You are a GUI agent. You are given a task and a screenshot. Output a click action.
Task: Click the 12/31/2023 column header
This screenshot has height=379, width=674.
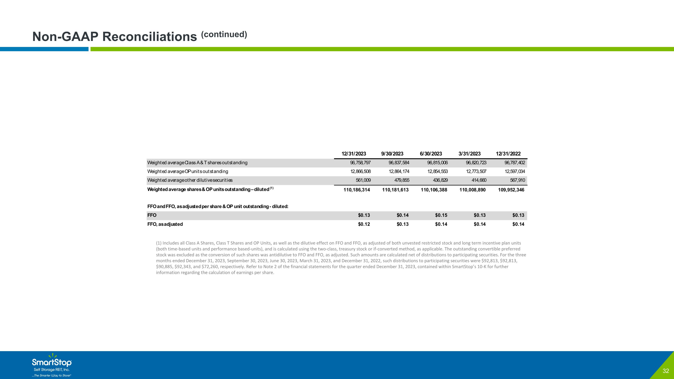[354, 154]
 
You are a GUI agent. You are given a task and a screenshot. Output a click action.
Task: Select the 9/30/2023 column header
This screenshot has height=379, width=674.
[392, 154]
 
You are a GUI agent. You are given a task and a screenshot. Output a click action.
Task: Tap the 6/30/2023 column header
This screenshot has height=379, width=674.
[431, 154]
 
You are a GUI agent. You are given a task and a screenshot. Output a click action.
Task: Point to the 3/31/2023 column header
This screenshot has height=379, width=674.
[469, 154]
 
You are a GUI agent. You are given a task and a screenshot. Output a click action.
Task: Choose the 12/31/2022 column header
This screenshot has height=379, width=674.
[508, 154]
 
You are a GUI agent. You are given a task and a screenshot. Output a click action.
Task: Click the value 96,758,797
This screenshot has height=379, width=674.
[360, 163]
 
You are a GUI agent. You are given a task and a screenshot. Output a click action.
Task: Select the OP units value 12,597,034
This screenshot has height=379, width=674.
[515, 172]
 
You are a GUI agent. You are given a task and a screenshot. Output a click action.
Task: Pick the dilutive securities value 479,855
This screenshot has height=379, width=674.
[402, 180]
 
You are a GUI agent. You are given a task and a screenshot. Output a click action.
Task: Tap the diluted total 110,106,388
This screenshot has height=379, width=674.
[434, 190]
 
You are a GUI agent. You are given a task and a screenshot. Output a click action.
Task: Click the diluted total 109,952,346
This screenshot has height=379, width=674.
[511, 190]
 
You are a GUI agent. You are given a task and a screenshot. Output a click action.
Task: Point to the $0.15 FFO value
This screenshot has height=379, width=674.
[441, 215]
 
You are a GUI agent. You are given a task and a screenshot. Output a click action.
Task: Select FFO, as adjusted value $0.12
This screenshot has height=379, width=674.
[364, 224]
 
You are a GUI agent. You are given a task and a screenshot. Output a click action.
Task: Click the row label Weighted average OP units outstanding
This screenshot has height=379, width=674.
[188, 172]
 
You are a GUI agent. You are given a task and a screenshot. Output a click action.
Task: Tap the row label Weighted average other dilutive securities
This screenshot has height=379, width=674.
[190, 180]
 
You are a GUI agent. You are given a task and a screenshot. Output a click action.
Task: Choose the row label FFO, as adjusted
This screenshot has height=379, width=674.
[165, 224]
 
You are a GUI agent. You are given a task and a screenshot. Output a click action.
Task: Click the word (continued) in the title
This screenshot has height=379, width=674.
[224, 34]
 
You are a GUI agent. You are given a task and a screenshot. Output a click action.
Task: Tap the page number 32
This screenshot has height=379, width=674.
[666, 371]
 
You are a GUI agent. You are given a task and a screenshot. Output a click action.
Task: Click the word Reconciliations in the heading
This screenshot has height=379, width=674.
[150, 37]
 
